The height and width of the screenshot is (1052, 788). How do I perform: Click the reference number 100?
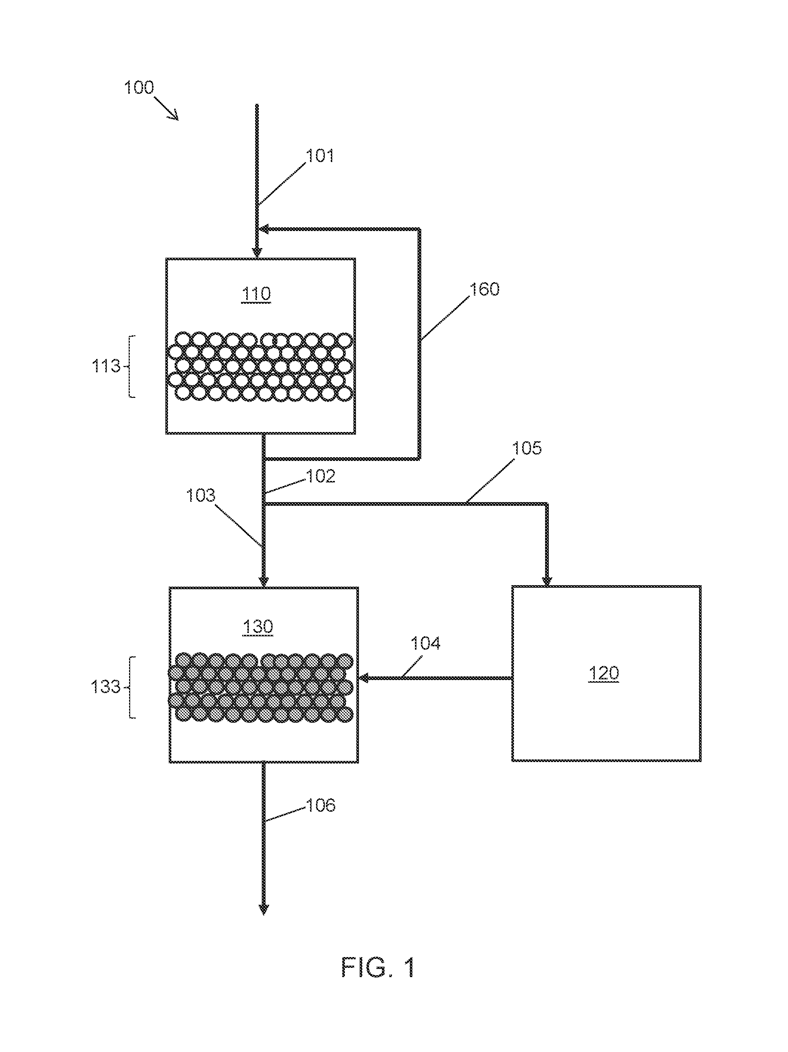[139, 88]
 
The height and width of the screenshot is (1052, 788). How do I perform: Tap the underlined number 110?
[256, 294]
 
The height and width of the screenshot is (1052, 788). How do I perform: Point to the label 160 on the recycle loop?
[485, 289]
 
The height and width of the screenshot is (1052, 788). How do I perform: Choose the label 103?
[201, 495]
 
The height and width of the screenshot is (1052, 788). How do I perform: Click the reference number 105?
[527, 448]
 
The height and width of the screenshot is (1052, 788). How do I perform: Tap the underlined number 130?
[258, 627]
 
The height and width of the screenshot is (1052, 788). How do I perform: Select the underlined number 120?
[604, 673]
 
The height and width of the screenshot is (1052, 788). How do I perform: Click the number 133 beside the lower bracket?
[106, 687]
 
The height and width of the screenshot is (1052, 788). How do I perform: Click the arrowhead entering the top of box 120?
[547, 581]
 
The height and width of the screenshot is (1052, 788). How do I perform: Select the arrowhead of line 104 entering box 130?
[364, 678]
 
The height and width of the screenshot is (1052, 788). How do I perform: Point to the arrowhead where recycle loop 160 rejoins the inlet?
[263, 230]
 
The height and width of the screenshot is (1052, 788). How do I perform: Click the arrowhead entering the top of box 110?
[257, 253]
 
